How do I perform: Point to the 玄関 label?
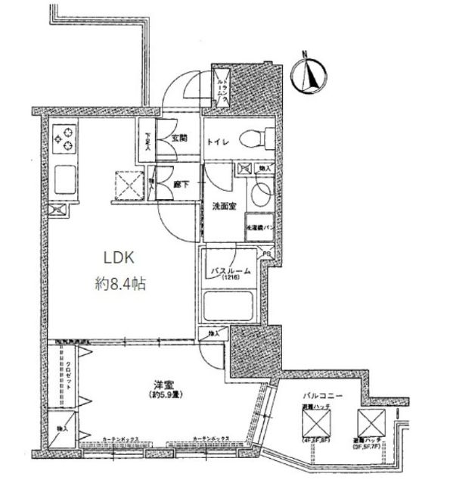pos(178,139)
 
